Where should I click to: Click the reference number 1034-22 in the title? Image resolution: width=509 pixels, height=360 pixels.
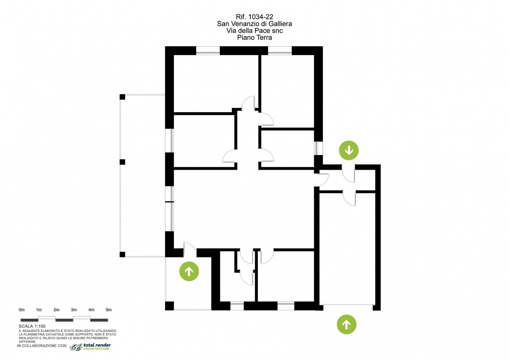pyautogui.click(x=261, y=17)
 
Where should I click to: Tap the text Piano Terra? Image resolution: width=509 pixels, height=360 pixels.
pyautogui.click(x=255, y=37)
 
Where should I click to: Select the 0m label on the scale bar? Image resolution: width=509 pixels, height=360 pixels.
pyautogui.click(x=22, y=309)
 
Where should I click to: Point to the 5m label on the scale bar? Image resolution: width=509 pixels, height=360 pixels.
pyautogui.click(x=109, y=309)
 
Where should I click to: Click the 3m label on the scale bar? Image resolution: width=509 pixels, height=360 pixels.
pyautogui.click(x=74, y=309)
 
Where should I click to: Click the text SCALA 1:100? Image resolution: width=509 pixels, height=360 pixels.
pyautogui.click(x=32, y=326)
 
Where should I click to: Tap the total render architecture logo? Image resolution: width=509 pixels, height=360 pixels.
pyautogui.click(x=90, y=347)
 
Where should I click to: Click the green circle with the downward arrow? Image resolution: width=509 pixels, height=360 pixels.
pyautogui.click(x=349, y=150)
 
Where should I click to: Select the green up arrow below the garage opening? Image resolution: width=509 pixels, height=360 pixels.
pyautogui.click(x=346, y=325)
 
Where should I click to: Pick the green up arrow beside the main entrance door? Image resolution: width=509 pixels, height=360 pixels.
pyautogui.click(x=189, y=271)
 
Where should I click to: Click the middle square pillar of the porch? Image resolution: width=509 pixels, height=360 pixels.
pyautogui.click(x=122, y=162)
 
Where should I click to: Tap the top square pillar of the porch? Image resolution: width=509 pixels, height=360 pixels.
pyautogui.click(x=122, y=97)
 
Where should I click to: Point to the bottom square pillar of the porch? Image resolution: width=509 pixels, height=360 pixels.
pyautogui.click(x=122, y=255)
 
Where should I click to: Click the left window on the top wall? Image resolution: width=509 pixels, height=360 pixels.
pyautogui.click(x=208, y=51)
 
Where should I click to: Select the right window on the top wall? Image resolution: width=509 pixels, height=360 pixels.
pyautogui.click(x=280, y=51)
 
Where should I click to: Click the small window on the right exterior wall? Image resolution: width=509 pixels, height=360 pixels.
pyautogui.click(x=318, y=148)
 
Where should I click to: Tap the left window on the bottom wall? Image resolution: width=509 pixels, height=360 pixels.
pyautogui.click(x=237, y=306)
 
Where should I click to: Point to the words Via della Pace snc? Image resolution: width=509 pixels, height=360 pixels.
pyautogui.click(x=255, y=30)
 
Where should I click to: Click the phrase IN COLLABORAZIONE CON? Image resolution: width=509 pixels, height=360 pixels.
pyautogui.click(x=42, y=346)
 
